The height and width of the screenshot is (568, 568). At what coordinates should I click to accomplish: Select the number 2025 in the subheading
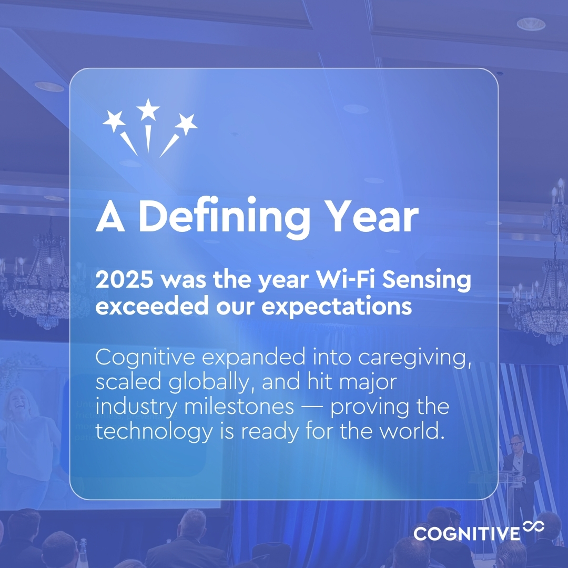[125, 281]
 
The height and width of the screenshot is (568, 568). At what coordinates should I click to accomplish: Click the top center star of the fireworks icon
[148, 109]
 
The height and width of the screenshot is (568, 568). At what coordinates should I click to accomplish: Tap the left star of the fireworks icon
[114, 121]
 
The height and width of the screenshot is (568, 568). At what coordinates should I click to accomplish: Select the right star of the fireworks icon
[186, 124]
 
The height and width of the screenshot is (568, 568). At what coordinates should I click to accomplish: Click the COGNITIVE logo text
[466, 533]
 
